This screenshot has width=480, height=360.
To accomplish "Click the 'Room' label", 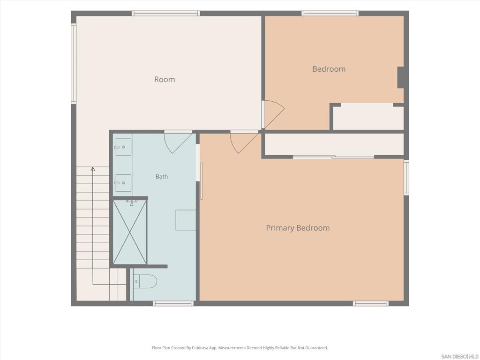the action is pos(165,80).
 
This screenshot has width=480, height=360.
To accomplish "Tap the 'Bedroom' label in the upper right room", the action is pos(329,69).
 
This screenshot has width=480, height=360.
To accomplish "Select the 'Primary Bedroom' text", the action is pos(298,228).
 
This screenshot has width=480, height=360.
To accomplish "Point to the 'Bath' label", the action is pos(162,177).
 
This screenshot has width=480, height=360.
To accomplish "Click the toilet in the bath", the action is pos(145,281).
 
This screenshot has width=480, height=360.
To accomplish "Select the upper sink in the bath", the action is pos(123,147).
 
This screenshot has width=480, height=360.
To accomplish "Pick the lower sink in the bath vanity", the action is pos(123,183).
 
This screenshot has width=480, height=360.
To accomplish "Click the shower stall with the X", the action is pos(130,232).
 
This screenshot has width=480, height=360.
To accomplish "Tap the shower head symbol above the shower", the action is pos(132,203).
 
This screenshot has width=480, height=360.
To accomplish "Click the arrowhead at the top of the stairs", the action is pos(93,169).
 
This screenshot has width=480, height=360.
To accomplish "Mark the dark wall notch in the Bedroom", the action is pos(400,77).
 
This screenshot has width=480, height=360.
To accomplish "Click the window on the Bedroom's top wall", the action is pos(330,14).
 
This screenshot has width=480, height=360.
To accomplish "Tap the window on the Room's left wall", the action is pos(74,63).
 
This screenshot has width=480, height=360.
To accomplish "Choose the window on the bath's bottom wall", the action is pos(173,303).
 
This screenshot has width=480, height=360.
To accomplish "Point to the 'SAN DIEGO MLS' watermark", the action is pos(460,357).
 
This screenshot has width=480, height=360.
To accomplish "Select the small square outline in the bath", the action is pos(186,220).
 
